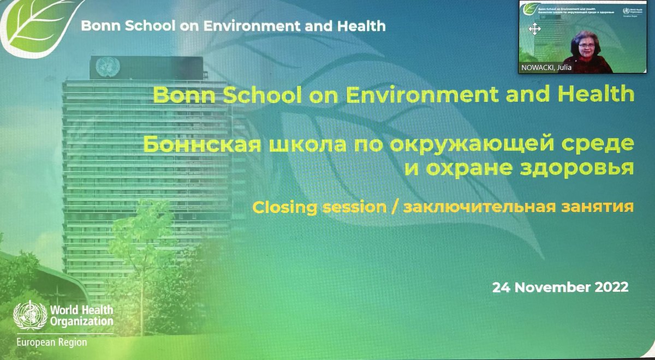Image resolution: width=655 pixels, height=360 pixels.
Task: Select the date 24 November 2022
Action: [x=561, y=287]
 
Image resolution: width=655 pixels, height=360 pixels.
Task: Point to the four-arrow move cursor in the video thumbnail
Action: [x=535, y=29]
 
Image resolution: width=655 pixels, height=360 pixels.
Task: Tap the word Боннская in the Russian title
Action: [x=194, y=146]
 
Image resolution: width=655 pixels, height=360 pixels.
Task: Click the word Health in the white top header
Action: [x=365, y=26]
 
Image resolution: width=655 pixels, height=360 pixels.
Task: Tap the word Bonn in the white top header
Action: [x=95, y=26]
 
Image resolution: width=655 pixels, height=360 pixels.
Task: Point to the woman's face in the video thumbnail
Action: [x=580, y=44]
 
